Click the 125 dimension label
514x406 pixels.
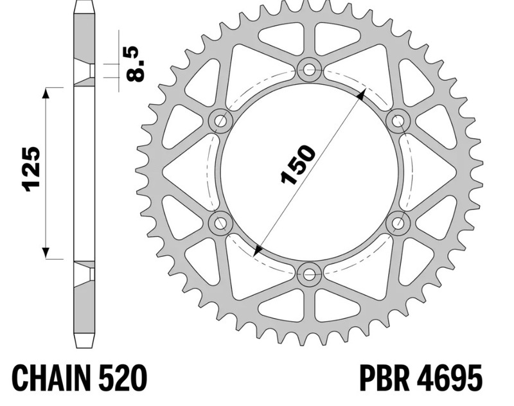coord(30,170)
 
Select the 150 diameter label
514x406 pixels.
coord(298,165)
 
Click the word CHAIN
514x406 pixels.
coord(53,378)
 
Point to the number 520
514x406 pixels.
coord(124,378)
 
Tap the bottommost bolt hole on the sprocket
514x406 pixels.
coord(309,275)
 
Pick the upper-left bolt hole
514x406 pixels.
coord(220,120)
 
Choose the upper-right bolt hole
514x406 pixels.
coord(398,120)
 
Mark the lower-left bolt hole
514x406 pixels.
coord(220,223)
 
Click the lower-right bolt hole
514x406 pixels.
coord(398,223)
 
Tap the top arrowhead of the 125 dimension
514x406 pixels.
coord(46,93)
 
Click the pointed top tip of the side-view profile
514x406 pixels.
coord(84,4)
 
